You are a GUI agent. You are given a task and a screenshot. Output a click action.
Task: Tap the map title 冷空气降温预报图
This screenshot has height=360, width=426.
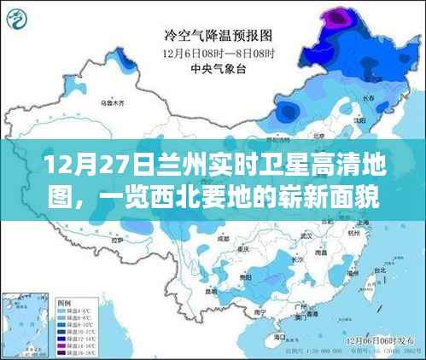pos(218,36)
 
